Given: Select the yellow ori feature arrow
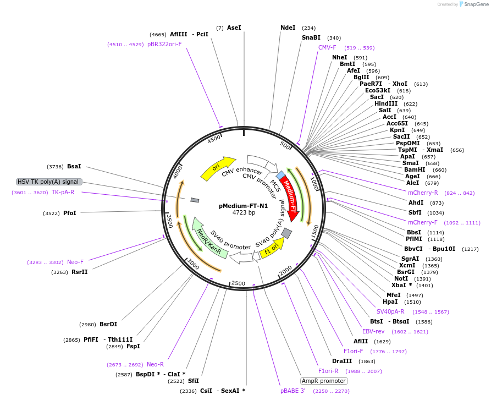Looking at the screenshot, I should pos(217,167).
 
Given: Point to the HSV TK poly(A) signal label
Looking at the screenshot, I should pos(49,182).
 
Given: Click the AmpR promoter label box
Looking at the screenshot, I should pos(324,381).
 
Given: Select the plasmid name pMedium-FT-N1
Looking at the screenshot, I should pos(244,206).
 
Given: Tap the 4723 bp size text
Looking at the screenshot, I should pos(244,212).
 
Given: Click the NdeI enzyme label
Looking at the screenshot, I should pos(288,28).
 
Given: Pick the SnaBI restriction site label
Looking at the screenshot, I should pos(311,38).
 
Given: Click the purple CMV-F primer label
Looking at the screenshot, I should pos(327,48).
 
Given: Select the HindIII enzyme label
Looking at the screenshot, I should pos(385,103).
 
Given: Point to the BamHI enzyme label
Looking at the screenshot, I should pos(415,169).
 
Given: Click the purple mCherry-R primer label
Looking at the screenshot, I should pos(423,193).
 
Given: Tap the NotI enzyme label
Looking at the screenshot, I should pos(401,278).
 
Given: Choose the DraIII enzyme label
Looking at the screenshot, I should pos(342,361).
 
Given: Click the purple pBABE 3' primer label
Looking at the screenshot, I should pos(293,391).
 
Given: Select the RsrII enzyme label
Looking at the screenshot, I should pos(79,272).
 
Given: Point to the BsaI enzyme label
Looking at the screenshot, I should pos(74,166).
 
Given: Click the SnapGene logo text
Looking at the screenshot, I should pos(477,4).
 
